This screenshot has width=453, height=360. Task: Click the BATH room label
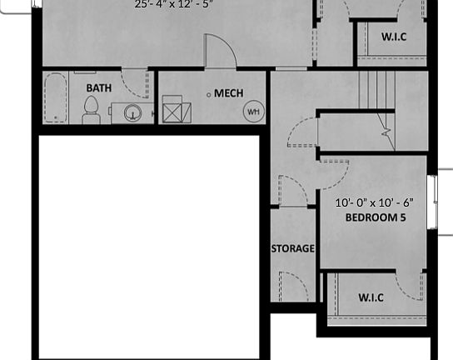(x=98, y=87)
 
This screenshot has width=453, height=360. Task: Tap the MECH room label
(x=228, y=93)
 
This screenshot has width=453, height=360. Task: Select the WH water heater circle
(x=251, y=111)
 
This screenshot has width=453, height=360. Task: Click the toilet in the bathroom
(x=92, y=109)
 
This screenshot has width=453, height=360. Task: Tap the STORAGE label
(x=292, y=248)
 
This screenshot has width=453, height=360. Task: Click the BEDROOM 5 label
(x=374, y=217)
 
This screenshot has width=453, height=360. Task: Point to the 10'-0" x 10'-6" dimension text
(x=374, y=202)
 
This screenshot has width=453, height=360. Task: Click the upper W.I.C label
(x=394, y=37)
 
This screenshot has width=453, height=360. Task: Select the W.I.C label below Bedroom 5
(x=371, y=297)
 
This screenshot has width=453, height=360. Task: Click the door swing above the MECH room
(x=218, y=50)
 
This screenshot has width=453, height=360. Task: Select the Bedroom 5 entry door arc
(x=333, y=174)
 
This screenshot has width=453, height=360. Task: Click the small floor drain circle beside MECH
(x=209, y=94)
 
